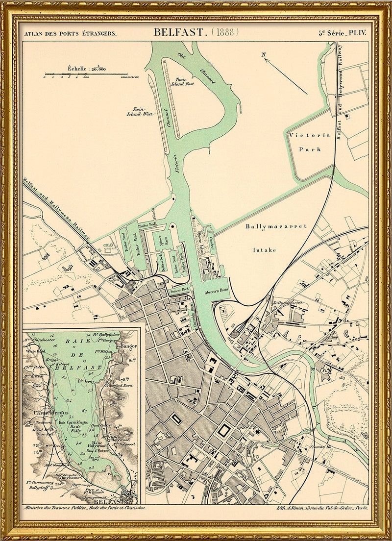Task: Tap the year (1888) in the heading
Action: tap(225, 32)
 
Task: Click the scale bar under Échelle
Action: tap(86, 75)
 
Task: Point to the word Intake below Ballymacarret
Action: tap(264, 250)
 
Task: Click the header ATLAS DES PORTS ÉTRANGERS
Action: tap(71, 33)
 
